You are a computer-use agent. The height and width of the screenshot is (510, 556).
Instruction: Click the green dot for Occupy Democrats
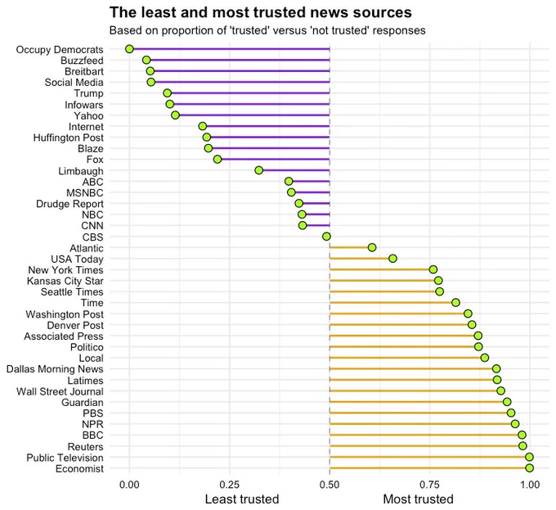(x=129, y=49)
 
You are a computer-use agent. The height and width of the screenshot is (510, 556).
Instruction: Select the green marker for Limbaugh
(x=259, y=170)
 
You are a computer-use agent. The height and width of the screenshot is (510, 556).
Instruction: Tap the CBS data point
(x=326, y=237)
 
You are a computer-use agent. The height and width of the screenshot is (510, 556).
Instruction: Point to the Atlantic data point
(x=372, y=247)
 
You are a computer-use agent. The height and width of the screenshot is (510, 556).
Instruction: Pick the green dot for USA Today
(x=392, y=259)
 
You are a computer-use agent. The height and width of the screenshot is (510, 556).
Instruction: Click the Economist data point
(x=529, y=468)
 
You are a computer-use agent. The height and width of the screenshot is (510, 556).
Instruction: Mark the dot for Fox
(x=217, y=160)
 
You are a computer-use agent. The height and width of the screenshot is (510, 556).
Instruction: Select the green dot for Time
(x=455, y=303)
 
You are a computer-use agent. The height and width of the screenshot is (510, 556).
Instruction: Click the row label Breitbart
(x=84, y=71)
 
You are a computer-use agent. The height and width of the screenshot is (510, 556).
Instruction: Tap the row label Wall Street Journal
(x=60, y=391)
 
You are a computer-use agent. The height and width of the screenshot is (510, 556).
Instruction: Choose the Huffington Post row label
(x=69, y=138)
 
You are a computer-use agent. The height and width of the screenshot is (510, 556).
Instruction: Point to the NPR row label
(x=92, y=424)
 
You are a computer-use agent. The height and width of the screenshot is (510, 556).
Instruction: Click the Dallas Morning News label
(x=55, y=369)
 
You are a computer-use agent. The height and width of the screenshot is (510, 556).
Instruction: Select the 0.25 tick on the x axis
(x=230, y=485)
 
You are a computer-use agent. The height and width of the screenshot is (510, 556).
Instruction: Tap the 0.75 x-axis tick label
(x=430, y=485)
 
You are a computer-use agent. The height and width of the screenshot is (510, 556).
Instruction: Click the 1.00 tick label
(x=530, y=485)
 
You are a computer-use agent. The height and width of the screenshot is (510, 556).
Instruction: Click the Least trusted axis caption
(x=242, y=499)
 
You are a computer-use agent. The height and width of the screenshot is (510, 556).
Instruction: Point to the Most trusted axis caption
(x=419, y=499)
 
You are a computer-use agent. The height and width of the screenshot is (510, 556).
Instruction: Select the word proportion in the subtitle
(x=200, y=31)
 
